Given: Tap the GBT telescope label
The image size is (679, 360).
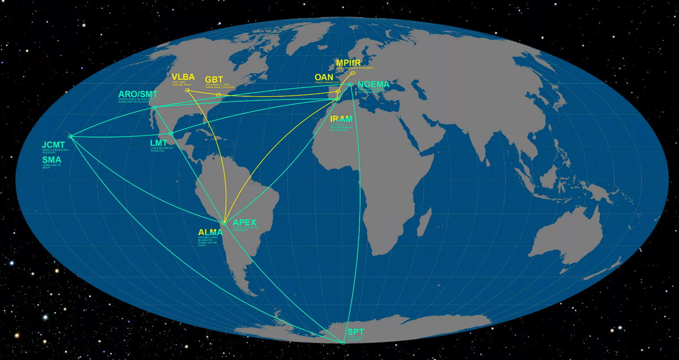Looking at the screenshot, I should pos(214,80).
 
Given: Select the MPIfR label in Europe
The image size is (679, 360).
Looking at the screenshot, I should pos(350,62).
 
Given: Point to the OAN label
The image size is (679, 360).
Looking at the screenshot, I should pos(324,78).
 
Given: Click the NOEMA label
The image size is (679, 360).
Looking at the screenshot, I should pos(375,85).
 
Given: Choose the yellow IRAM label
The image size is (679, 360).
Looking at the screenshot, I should pos(341,119).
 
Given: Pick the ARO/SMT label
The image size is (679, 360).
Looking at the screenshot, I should pos(138,93).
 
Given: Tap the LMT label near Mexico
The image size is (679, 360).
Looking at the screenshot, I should pos(159,143).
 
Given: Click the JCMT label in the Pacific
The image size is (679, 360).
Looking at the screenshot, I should pos(54,145).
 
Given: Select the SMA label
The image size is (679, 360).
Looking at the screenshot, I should pos(51,160).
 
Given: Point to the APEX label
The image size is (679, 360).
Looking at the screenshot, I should pos(244,222).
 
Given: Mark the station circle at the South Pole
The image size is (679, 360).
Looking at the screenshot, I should pos(343,342).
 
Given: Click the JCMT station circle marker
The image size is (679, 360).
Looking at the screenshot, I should pos(70,136).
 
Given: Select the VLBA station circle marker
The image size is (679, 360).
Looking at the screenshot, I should pos(187,91).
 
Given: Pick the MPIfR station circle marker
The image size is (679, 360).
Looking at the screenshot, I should pos(353,73).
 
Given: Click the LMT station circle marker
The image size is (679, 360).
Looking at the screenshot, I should pos(171,134).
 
